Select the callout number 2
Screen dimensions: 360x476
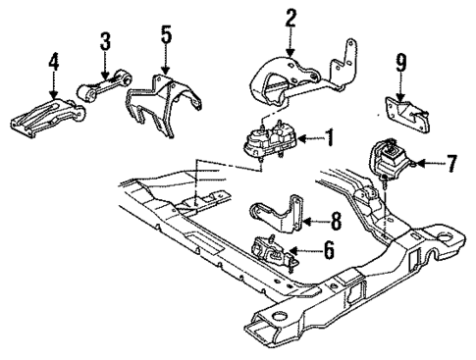pyautogui.click(x=291, y=17)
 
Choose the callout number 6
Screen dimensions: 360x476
pyautogui.click(x=329, y=251)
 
